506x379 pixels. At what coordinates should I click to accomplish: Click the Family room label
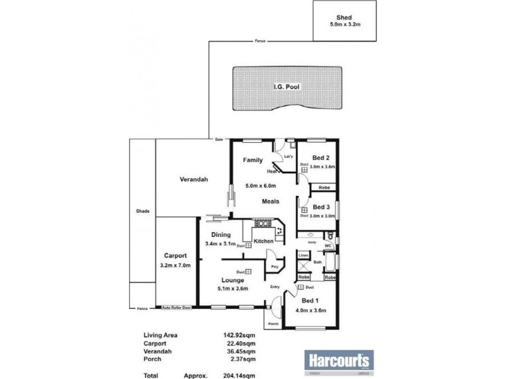[253, 160]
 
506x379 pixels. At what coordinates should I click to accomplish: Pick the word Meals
[271, 202]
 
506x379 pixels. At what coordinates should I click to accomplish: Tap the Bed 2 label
[321, 158]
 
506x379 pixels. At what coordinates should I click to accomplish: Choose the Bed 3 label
[321, 208]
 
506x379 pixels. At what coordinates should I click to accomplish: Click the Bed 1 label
[311, 301]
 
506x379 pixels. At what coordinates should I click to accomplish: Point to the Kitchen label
[263, 241]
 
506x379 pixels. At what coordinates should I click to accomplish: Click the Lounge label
[233, 280]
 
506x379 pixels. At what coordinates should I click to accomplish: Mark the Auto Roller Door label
[176, 308]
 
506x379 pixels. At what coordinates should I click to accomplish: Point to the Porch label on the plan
[273, 323]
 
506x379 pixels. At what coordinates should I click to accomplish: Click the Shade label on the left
[142, 211]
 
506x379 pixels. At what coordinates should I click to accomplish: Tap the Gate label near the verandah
[219, 138]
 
